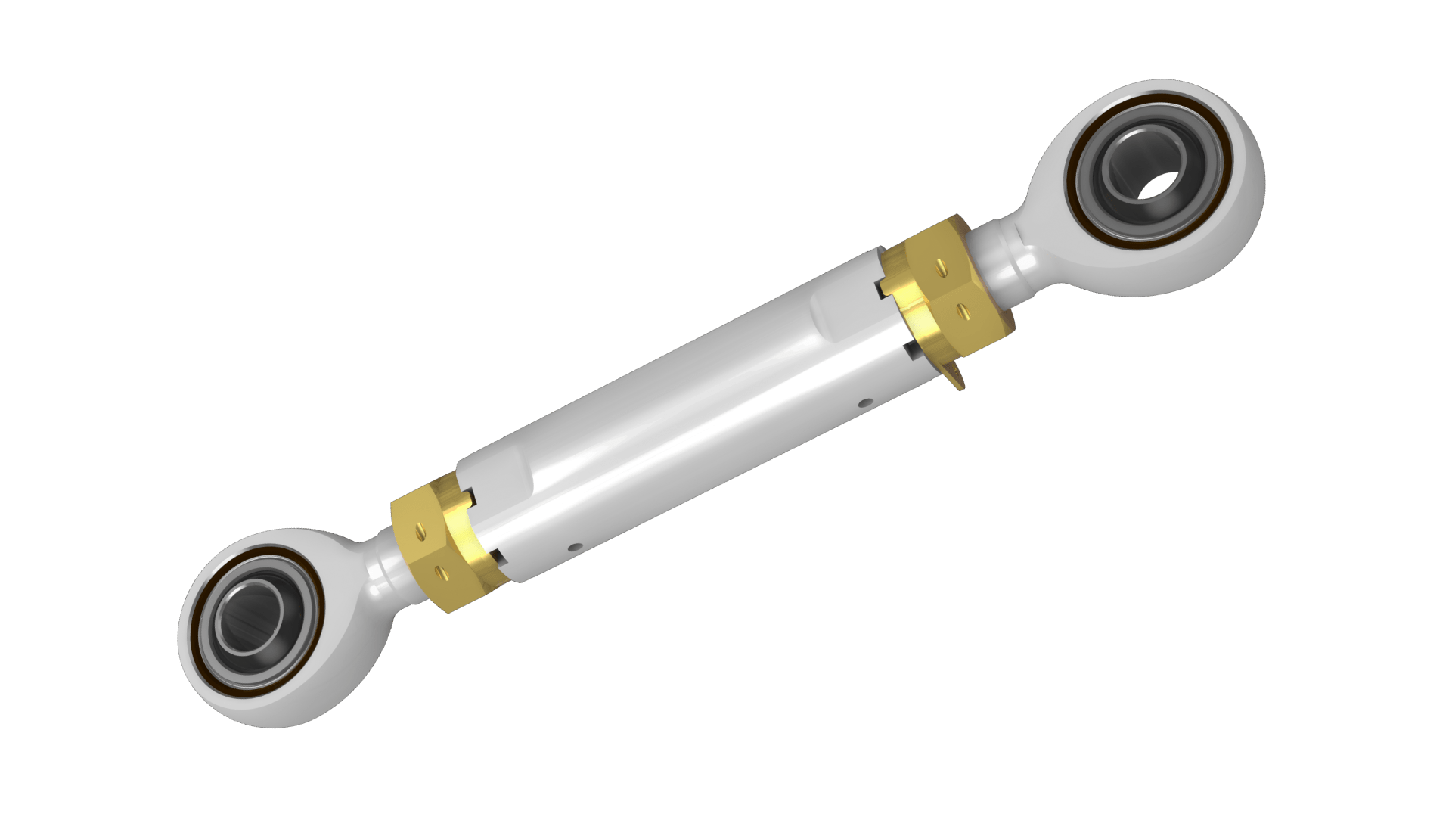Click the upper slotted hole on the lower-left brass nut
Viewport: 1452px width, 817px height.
[420, 532]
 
